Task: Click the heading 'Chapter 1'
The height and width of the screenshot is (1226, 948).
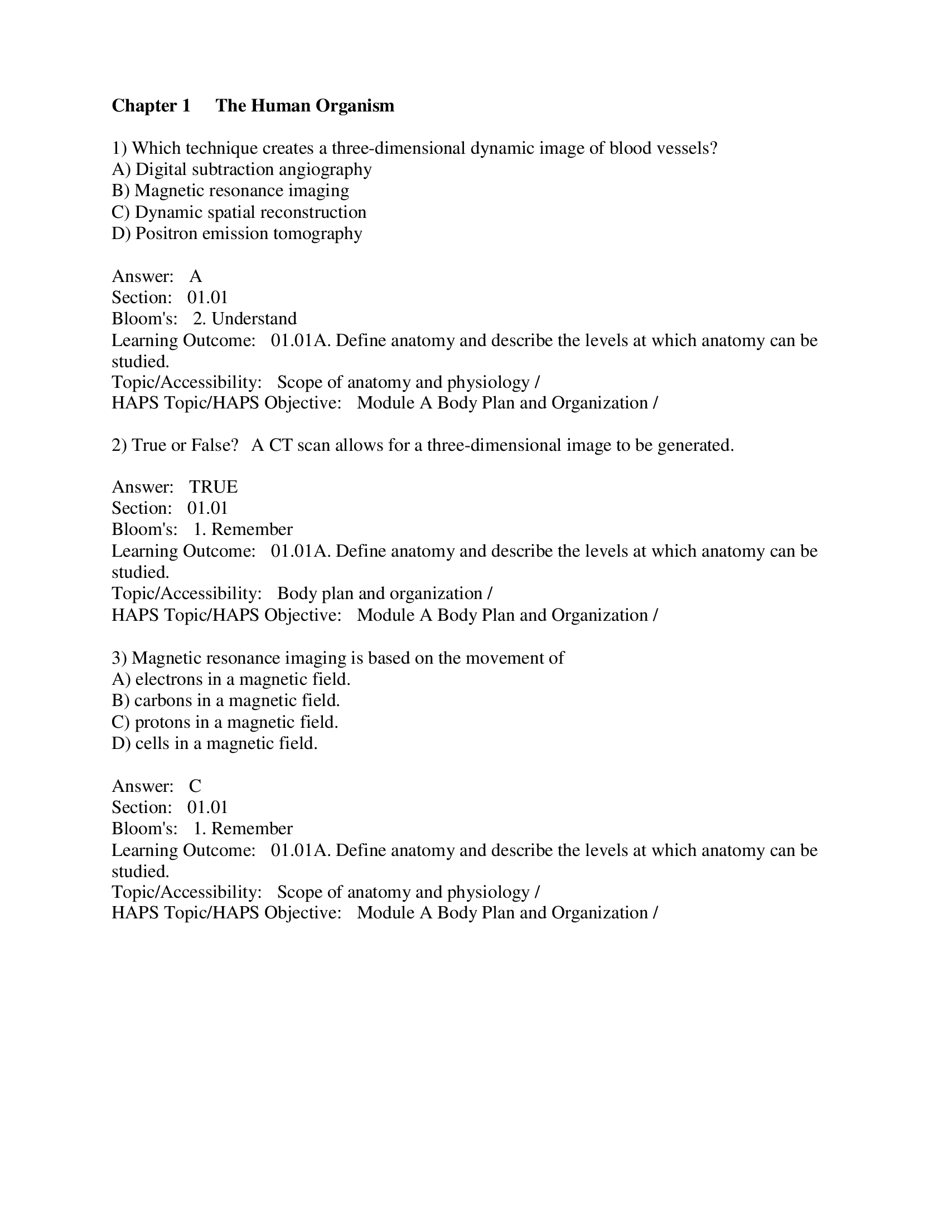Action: [x=151, y=105]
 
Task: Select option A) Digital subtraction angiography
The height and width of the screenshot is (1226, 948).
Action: [x=241, y=169]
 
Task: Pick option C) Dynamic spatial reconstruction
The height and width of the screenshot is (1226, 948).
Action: [x=239, y=212]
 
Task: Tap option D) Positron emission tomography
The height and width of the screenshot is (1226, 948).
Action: [x=236, y=233]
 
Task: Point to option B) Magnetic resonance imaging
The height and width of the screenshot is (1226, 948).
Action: [x=230, y=191]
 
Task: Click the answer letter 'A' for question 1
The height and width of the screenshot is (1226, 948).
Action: [x=195, y=276]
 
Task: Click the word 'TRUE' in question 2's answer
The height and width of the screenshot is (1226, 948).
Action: [x=214, y=486]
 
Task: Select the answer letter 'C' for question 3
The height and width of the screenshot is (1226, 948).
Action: [x=195, y=786]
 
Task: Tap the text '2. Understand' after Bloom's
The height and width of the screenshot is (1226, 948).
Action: [x=245, y=319]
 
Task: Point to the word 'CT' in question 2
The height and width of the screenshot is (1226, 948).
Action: [x=281, y=445]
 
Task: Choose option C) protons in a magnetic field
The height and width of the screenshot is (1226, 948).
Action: [x=225, y=722]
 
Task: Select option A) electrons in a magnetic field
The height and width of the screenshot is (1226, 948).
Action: [x=231, y=679]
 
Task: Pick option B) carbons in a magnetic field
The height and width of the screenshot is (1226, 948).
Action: [x=226, y=700]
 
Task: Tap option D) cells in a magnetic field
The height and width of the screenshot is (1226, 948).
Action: [x=215, y=743]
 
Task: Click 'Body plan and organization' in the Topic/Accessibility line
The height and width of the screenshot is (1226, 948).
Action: [x=380, y=593]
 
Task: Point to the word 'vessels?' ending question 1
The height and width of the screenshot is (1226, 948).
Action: [x=691, y=148]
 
